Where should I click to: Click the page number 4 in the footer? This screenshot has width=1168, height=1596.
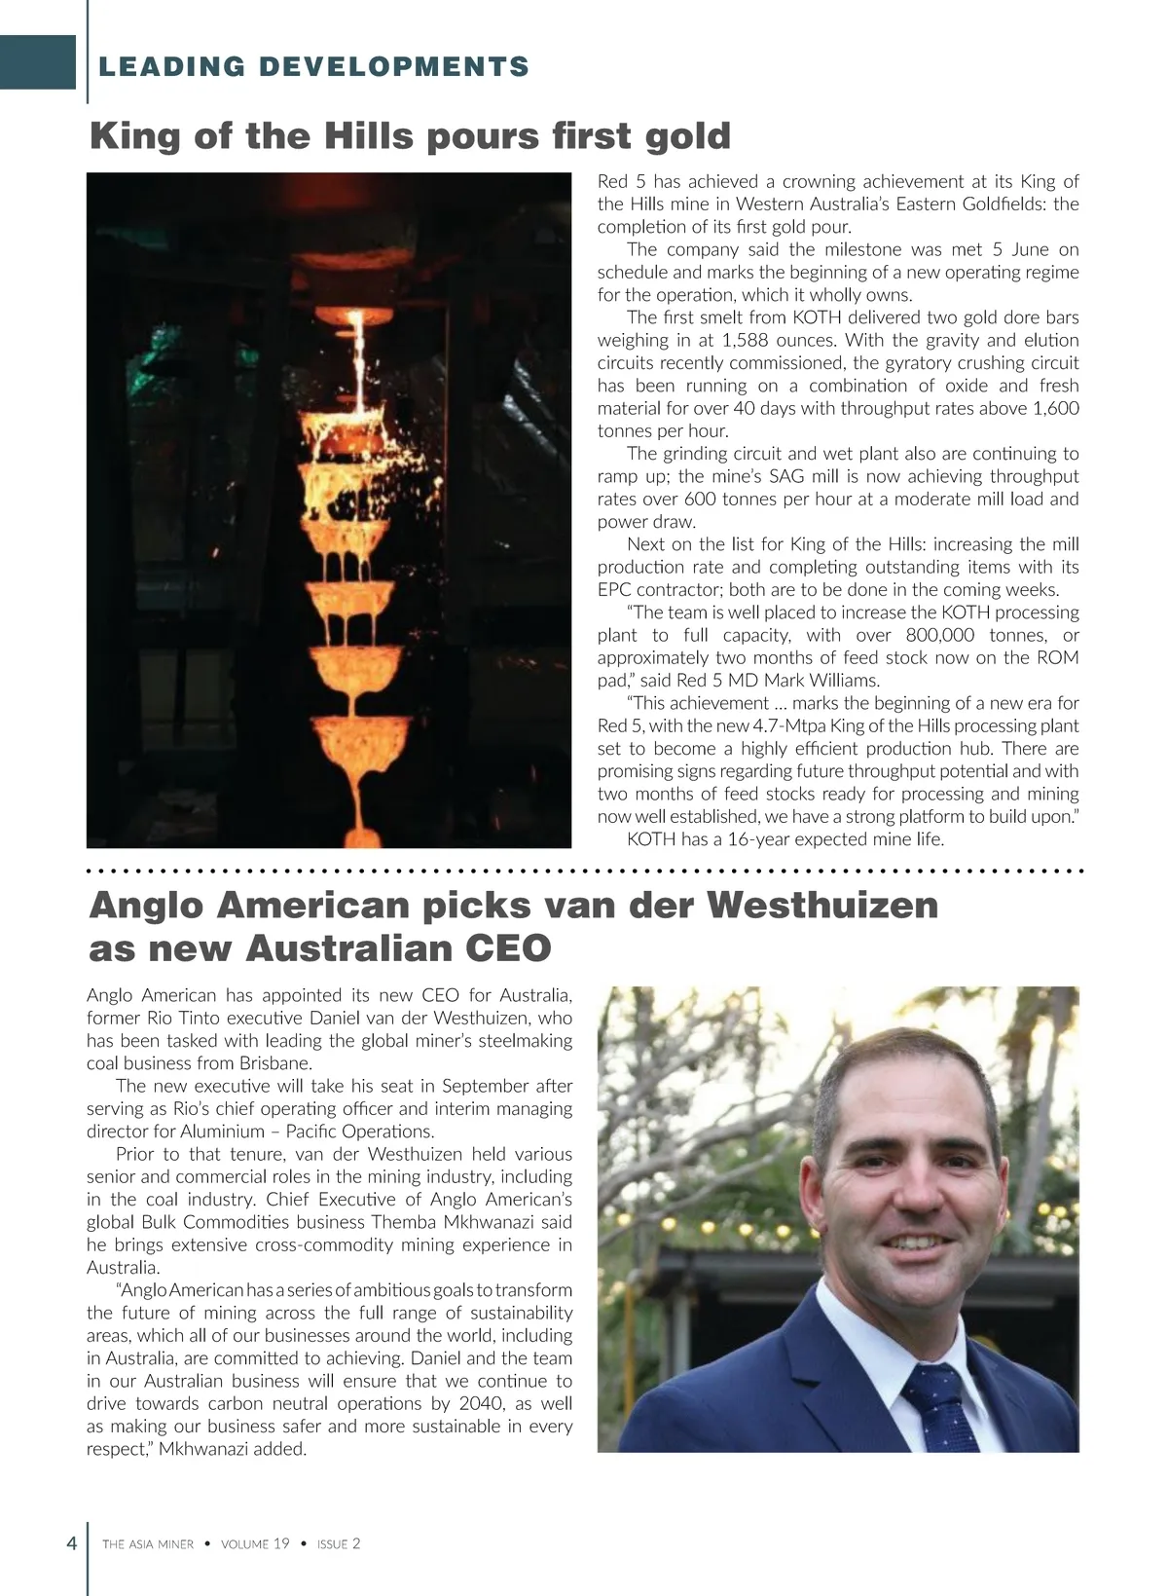point(70,1543)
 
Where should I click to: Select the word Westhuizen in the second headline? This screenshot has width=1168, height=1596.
point(821,905)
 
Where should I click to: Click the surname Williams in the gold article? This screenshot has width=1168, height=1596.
point(846,680)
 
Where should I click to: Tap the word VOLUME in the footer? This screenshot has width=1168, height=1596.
point(244,1544)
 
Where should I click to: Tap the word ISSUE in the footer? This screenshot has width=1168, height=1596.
point(332,1544)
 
